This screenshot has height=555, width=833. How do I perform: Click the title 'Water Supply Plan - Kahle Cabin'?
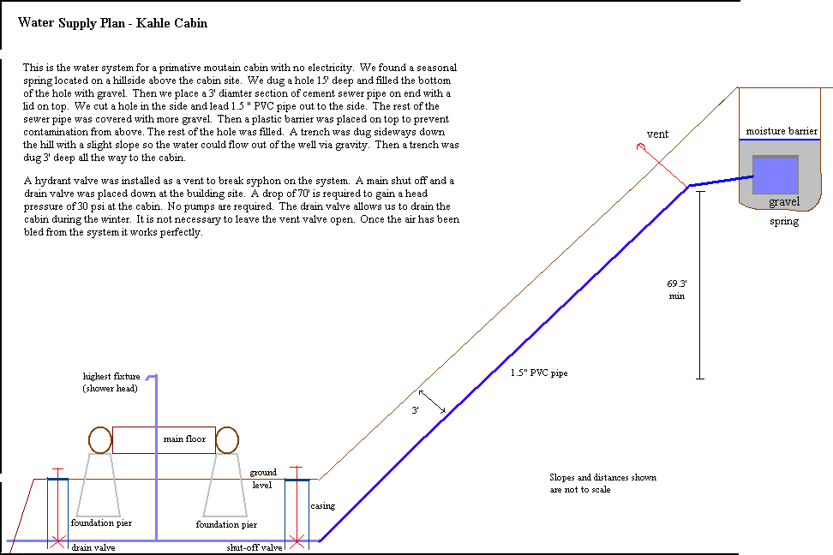(x=112, y=23)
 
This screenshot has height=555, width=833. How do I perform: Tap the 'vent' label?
(x=657, y=134)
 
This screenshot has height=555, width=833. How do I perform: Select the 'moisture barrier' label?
(x=782, y=131)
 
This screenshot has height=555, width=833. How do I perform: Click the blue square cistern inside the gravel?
(x=776, y=175)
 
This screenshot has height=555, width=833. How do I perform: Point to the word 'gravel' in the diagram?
(x=784, y=202)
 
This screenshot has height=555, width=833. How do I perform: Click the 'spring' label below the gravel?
(x=784, y=222)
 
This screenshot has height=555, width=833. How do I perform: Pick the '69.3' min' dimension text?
(x=677, y=290)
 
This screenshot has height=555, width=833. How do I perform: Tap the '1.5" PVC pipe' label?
(x=539, y=373)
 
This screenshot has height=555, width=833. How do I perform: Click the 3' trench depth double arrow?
(x=432, y=402)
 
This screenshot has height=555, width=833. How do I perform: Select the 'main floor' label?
(x=184, y=439)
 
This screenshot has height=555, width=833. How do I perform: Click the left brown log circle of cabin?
(x=100, y=440)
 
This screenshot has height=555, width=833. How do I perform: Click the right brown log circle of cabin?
(x=227, y=440)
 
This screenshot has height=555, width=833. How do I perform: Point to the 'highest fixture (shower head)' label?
(x=111, y=382)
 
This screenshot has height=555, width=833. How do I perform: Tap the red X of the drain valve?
(x=57, y=542)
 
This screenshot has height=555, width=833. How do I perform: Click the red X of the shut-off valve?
(x=297, y=542)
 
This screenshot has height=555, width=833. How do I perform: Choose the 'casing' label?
(x=323, y=506)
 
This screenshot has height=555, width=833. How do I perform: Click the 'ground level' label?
(x=263, y=479)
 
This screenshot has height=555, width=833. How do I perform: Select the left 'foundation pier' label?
(x=101, y=523)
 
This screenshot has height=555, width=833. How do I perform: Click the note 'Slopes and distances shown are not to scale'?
(x=603, y=483)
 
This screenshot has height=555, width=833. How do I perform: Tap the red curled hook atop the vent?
(x=641, y=146)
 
